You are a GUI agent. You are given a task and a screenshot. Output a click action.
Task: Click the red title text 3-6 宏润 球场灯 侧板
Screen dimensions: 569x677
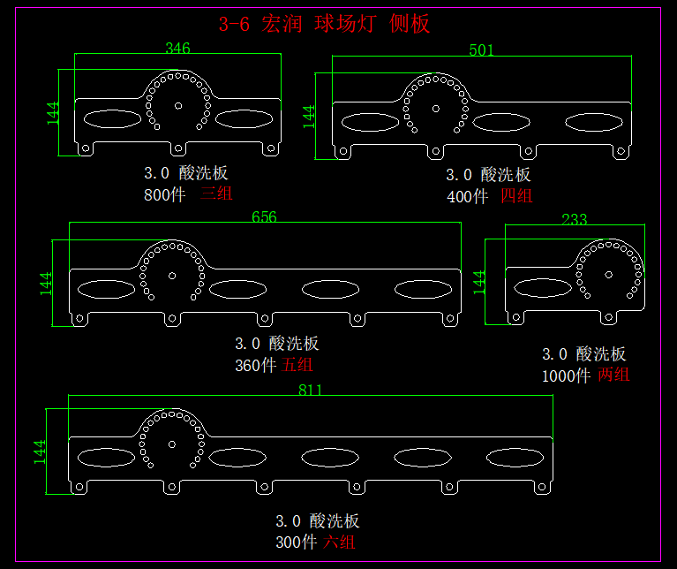(x=324, y=24)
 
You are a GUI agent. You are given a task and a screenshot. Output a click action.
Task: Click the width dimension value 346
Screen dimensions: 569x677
(x=177, y=49)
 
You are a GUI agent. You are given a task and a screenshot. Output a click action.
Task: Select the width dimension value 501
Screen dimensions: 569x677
(x=481, y=50)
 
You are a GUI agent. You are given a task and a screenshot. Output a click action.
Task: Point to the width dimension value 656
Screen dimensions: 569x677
(x=264, y=216)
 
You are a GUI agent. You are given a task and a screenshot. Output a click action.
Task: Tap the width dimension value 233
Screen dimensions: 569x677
(x=574, y=219)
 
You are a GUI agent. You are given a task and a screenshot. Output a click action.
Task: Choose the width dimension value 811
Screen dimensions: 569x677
(x=310, y=390)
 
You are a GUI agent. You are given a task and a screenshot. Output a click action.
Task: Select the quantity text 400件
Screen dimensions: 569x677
(x=467, y=196)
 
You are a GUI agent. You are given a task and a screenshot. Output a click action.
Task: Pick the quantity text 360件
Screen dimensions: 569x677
(x=255, y=365)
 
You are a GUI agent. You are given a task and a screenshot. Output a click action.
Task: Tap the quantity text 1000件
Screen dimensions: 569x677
(x=566, y=376)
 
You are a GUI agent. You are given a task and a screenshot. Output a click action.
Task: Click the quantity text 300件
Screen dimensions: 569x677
(x=296, y=542)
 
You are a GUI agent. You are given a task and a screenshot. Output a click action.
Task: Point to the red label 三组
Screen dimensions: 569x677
(x=216, y=193)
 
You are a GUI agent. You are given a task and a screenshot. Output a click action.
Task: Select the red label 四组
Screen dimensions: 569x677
(x=516, y=196)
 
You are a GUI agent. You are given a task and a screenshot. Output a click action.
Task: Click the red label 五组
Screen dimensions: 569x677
(x=297, y=365)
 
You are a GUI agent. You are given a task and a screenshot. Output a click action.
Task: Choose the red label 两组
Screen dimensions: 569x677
(x=613, y=376)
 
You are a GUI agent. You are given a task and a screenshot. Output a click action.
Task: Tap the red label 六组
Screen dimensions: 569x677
(x=340, y=542)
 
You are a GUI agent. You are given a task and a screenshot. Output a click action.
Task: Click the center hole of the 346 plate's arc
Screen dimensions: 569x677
(x=178, y=105)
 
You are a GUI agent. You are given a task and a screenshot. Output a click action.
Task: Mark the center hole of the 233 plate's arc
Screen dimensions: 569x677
(x=608, y=274)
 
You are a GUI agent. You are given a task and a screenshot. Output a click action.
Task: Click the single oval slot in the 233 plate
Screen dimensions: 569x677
(x=542, y=286)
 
